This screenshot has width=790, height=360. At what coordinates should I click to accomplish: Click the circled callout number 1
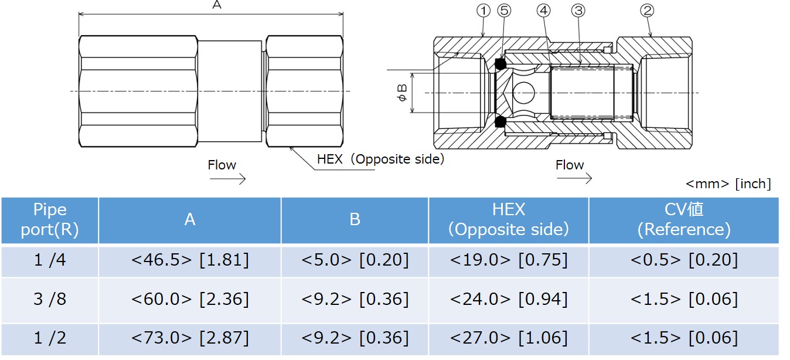483,10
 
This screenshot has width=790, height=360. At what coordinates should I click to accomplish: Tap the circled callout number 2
647,10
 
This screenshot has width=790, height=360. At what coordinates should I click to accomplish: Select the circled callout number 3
579,10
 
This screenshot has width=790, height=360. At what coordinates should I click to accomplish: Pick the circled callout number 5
503,10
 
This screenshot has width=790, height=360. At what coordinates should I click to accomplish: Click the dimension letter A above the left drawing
216,5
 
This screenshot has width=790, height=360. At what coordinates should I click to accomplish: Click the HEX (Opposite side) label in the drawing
380,159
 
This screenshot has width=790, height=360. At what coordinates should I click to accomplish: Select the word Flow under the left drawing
222,165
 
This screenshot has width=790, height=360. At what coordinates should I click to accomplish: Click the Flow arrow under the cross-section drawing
574,178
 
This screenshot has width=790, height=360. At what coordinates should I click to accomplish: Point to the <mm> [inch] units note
728,184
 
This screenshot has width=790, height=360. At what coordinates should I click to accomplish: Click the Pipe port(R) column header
50,220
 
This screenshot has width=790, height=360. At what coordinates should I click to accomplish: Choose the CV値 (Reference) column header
683,220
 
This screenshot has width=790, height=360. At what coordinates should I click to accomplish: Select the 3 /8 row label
50,299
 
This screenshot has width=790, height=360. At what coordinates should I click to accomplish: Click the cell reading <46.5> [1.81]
190,260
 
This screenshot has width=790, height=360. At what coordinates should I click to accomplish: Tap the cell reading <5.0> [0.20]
355,260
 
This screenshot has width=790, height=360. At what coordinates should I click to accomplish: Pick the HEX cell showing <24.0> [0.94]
509,299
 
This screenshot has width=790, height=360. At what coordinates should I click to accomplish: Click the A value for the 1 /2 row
190,338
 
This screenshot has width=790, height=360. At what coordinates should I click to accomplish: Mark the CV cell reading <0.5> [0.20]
683,260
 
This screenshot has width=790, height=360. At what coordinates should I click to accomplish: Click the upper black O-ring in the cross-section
500,63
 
